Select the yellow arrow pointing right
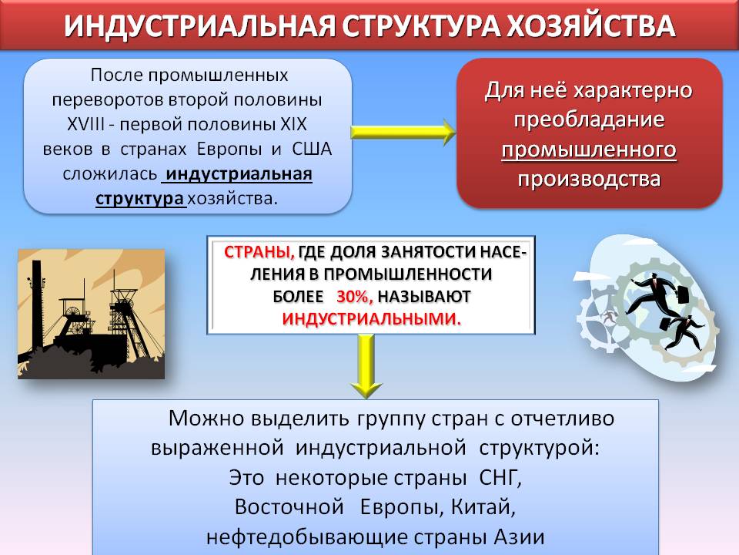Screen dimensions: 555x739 403,133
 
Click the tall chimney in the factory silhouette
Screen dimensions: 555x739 36,304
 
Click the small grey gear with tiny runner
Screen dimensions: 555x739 605,315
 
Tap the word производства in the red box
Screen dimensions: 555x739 588,179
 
